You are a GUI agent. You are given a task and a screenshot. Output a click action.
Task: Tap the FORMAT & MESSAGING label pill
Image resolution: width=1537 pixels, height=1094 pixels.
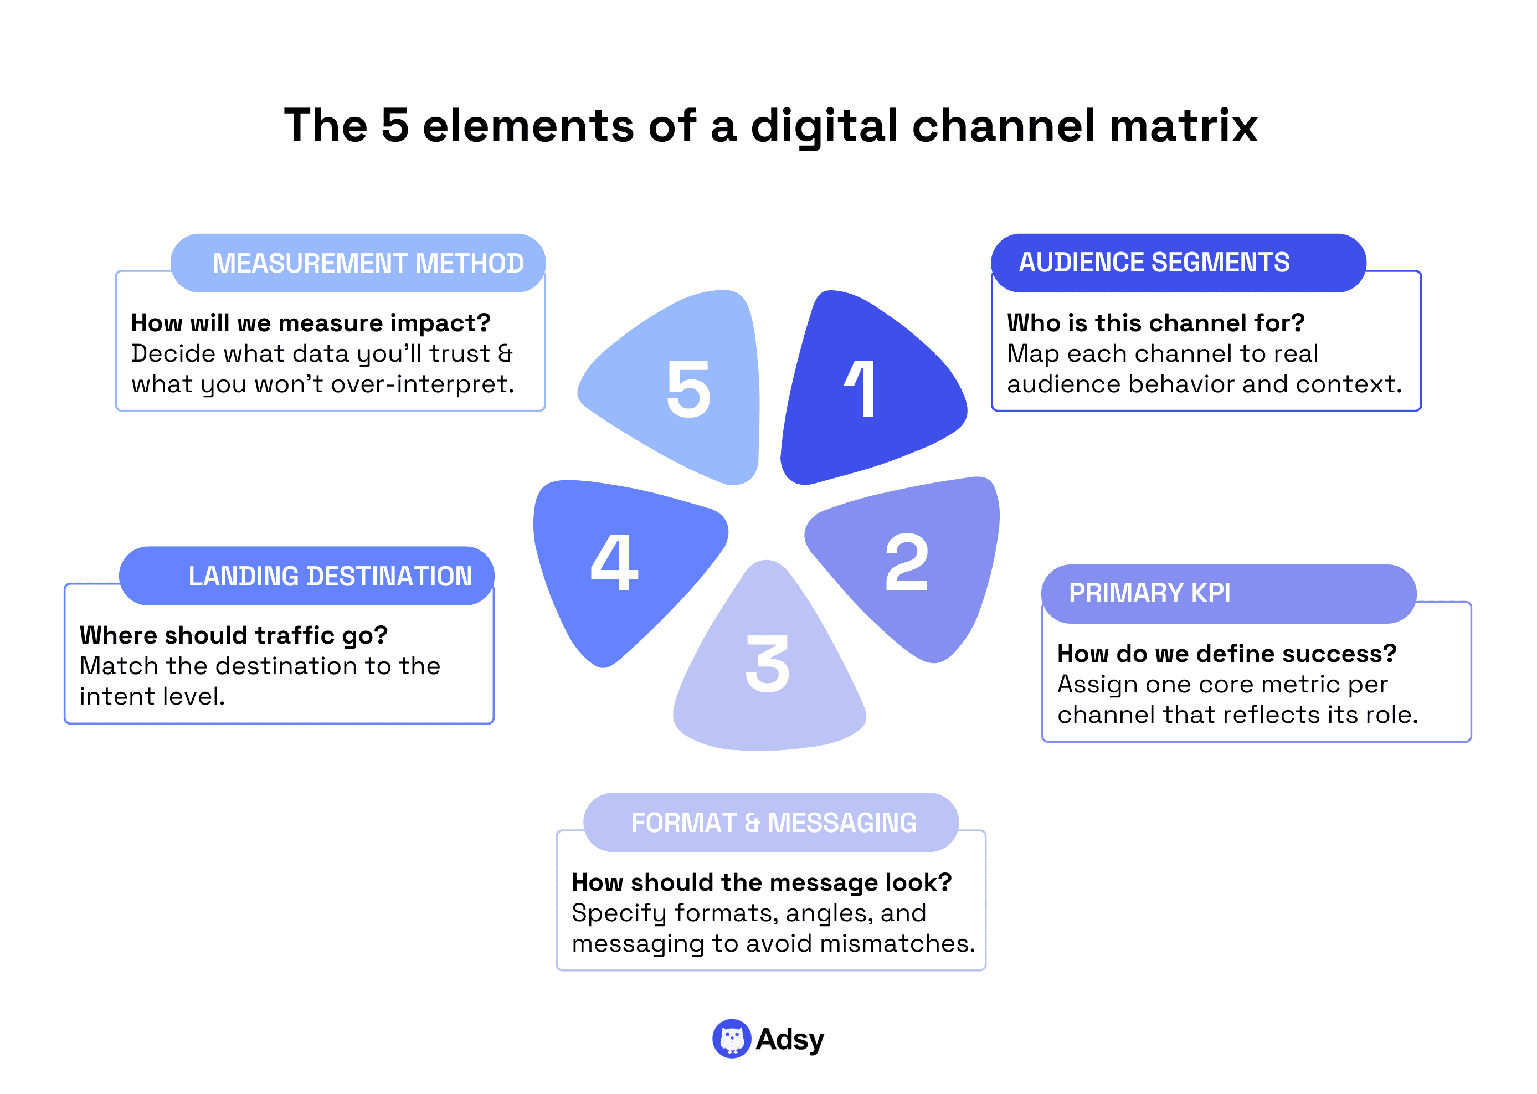pos(770,823)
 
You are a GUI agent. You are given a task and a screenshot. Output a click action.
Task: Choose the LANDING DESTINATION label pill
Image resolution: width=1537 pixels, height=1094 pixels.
pos(307,576)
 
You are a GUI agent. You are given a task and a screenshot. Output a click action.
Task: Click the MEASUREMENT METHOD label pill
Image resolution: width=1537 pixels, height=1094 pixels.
pos(358,263)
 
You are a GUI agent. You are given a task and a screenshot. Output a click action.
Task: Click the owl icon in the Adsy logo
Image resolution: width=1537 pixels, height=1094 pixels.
pos(732,1039)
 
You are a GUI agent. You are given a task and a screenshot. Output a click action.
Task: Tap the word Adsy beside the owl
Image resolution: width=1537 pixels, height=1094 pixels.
pos(789,1039)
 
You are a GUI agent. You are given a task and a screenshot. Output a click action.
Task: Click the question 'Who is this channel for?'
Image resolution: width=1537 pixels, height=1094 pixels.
pos(1155,323)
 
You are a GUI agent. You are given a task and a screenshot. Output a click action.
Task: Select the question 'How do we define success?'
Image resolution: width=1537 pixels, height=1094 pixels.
pos(1226,654)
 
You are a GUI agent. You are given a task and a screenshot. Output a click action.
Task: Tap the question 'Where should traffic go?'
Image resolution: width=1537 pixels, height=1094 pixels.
pos(234,635)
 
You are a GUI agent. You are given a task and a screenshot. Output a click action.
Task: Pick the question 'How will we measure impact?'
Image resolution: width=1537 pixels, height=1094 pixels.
pos(311,323)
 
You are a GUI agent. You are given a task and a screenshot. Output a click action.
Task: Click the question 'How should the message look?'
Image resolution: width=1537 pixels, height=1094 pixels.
pos(761,882)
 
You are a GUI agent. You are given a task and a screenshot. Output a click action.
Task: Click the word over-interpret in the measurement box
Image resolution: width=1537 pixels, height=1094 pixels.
pos(422,384)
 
